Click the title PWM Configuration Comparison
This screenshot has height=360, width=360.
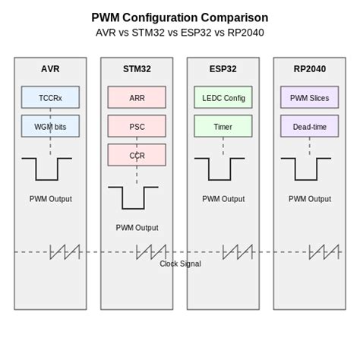179,17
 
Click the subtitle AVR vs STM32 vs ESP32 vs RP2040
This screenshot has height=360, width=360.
179,33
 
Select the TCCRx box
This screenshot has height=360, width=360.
50,97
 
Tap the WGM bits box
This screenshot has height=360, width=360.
50,126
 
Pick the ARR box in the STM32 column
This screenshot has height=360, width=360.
137,97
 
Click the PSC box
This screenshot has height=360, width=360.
137,126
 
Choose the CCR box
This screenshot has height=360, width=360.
137,155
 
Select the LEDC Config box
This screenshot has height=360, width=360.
223,97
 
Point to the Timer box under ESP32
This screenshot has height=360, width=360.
223,126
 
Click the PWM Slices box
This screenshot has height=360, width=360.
309,97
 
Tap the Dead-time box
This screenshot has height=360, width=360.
309,126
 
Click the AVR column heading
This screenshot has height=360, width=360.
50,69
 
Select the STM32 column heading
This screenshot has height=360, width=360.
137,69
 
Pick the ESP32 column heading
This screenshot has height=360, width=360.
223,69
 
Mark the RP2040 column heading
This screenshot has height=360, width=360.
309,69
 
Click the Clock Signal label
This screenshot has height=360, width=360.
180,264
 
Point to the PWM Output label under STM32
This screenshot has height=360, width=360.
137,227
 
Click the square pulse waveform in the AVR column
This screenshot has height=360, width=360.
46,169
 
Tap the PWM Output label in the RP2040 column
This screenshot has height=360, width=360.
309,199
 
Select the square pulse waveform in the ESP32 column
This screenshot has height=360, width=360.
219,169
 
